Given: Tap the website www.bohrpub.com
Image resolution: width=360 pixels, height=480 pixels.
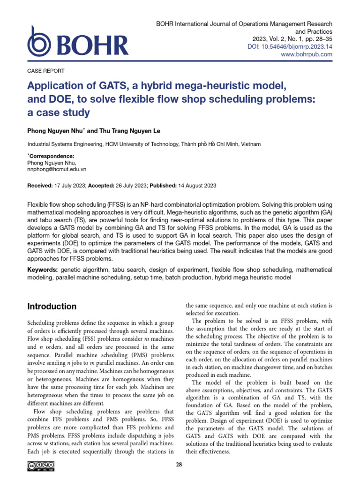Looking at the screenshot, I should pos(307,54).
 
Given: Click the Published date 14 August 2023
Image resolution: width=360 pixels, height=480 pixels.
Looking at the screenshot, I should pos(197,186).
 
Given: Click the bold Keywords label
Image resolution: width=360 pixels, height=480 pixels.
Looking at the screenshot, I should pos(44,270).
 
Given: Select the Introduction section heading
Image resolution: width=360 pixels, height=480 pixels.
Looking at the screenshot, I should pos(52,307).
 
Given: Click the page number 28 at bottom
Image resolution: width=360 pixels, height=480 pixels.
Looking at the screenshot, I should pos(179,465).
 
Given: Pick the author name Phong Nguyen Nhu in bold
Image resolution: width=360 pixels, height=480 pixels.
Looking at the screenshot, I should pos(56,131).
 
